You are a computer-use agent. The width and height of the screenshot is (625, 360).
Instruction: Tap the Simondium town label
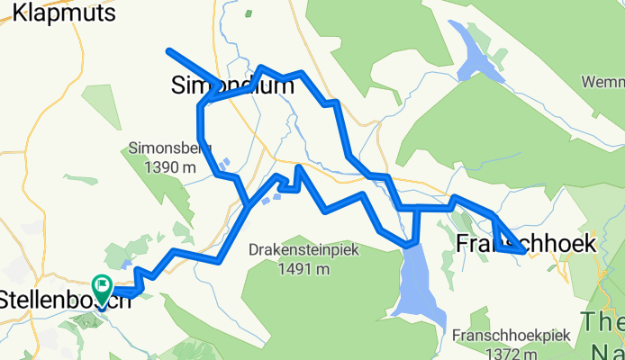click(232, 85)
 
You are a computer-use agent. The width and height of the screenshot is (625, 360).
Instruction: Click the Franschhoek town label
click(527, 243)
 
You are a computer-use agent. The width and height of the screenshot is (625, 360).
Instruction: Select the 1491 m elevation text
click(305, 268)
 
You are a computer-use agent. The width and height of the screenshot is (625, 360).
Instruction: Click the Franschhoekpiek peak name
click(512, 335)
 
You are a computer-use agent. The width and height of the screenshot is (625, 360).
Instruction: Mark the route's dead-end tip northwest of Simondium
click(168, 49)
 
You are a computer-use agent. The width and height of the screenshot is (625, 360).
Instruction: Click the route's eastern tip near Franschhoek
click(523, 252)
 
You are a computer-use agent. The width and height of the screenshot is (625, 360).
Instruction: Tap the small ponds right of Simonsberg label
click(225, 165)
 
